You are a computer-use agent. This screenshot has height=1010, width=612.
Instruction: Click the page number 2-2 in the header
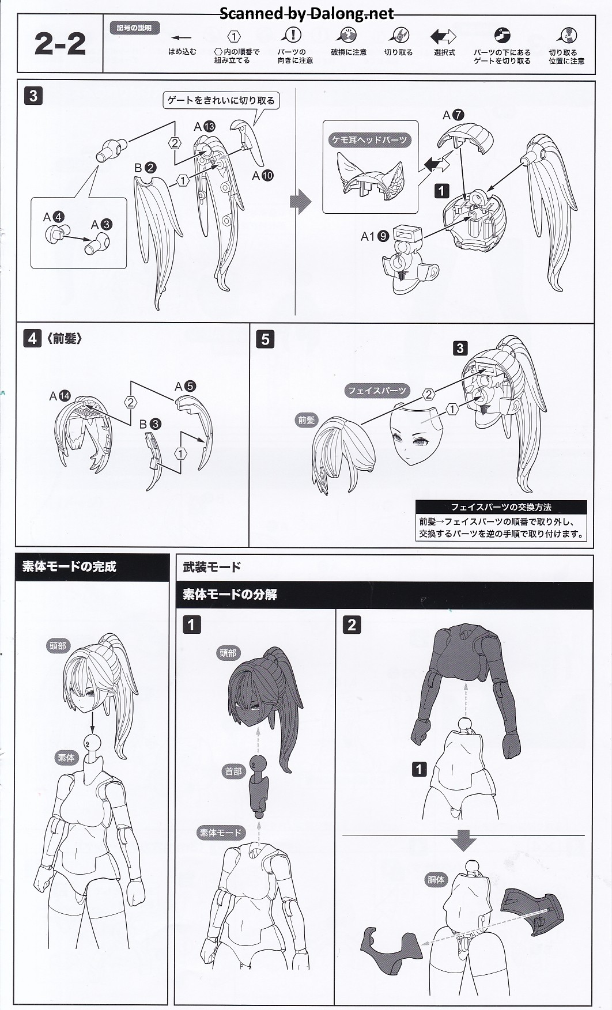[x=60, y=44]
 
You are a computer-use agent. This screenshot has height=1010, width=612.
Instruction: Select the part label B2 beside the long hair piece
[x=145, y=168]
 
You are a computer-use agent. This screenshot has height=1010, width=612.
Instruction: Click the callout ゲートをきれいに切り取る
[x=221, y=100]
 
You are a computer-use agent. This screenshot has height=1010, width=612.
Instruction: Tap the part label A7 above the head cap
[x=453, y=115]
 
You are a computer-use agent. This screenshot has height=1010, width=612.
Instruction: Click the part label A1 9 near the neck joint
[x=375, y=236]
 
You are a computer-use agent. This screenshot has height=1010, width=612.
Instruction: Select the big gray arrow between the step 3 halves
[x=300, y=202]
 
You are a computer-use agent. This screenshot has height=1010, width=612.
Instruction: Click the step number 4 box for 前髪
[x=32, y=338]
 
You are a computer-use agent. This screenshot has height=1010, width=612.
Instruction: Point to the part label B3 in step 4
[x=150, y=425]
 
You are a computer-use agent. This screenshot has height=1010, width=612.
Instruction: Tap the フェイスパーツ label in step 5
[x=377, y=391]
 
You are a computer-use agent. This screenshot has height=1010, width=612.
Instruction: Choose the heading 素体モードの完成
[x=69, y=566]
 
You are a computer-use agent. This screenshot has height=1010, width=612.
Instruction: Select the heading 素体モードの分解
[x=230, y=594]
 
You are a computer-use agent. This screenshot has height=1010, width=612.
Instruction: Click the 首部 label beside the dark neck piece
[x=233, y=771]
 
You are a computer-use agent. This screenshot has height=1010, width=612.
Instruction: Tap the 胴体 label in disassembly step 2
[x=436, y=880]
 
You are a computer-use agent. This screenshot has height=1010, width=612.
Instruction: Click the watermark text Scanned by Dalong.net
[x=307, y=14]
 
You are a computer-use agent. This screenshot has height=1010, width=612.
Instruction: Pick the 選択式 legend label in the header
[x=444, y=52]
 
